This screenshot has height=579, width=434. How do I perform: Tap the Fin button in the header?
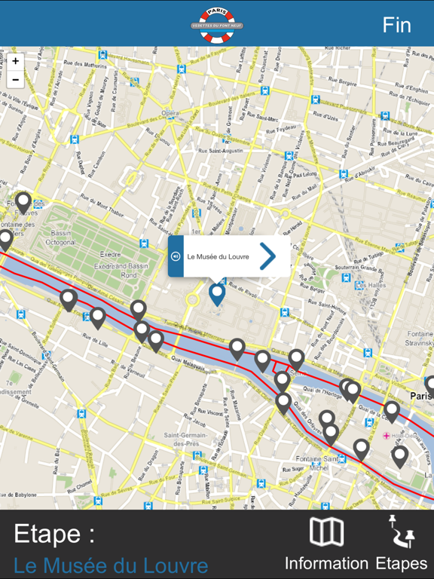coord(396,25)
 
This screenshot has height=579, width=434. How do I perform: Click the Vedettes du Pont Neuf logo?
coord(217,24)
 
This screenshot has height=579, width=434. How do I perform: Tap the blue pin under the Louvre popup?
coord(217,293)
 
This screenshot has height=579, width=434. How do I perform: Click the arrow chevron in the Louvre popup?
coord(267,256)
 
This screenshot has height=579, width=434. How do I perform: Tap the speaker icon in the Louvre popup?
coord(176,256)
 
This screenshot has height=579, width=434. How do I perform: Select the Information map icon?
coord(326,532)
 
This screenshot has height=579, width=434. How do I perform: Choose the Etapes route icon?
coord(401,532)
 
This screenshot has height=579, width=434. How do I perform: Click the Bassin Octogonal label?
coord(61,238)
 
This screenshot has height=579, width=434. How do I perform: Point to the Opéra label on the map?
coord(170,114)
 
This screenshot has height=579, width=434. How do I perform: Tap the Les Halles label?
coord(371,285)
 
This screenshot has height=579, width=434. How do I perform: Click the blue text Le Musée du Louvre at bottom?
coord(111,565)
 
